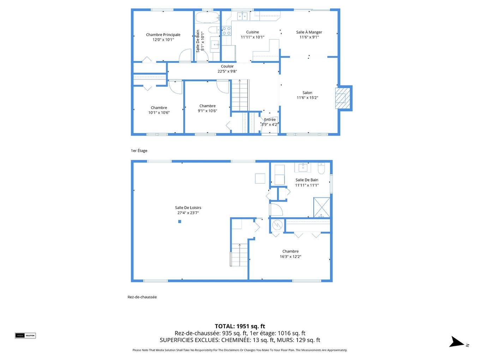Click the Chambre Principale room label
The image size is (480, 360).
(163, 35)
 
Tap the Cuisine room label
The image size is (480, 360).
(252, 32)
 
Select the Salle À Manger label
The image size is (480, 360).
(309, 32)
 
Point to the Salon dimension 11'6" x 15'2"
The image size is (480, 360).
(307, 98)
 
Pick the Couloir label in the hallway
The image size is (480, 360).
(227, 66)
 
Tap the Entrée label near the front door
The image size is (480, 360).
(270, 120)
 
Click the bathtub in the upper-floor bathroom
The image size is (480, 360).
(207, 17)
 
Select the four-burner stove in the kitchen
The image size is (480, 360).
(226, 31)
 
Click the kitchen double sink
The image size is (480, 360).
(242, 16)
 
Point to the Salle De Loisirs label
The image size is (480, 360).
(188, 208)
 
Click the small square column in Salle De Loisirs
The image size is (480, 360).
(180, 222)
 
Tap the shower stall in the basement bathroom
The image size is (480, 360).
(322, 208)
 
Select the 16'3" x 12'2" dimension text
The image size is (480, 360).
(290, 257)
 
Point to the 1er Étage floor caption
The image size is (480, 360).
(139, 151)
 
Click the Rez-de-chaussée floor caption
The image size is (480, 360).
(142, 297)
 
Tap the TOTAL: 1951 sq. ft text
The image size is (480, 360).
(240, 326)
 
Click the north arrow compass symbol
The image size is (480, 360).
(457, 342)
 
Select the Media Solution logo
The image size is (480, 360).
(25, 336)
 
